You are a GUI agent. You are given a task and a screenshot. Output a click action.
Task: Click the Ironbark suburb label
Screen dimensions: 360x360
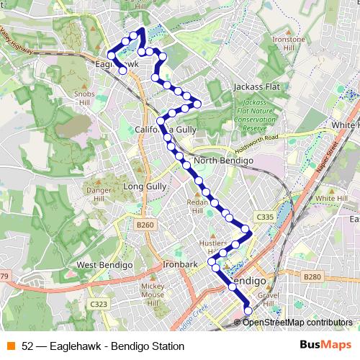click(180, 265)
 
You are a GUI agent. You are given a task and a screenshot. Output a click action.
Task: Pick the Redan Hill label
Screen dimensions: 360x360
click(198, 207)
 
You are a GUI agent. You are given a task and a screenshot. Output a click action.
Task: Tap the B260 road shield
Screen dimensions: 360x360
click(145, 225)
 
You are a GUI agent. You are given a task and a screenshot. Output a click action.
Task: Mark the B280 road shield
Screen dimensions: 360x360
click(312, 276)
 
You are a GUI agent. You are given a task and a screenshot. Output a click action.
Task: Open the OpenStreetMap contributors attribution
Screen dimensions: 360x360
click(297, 322)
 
